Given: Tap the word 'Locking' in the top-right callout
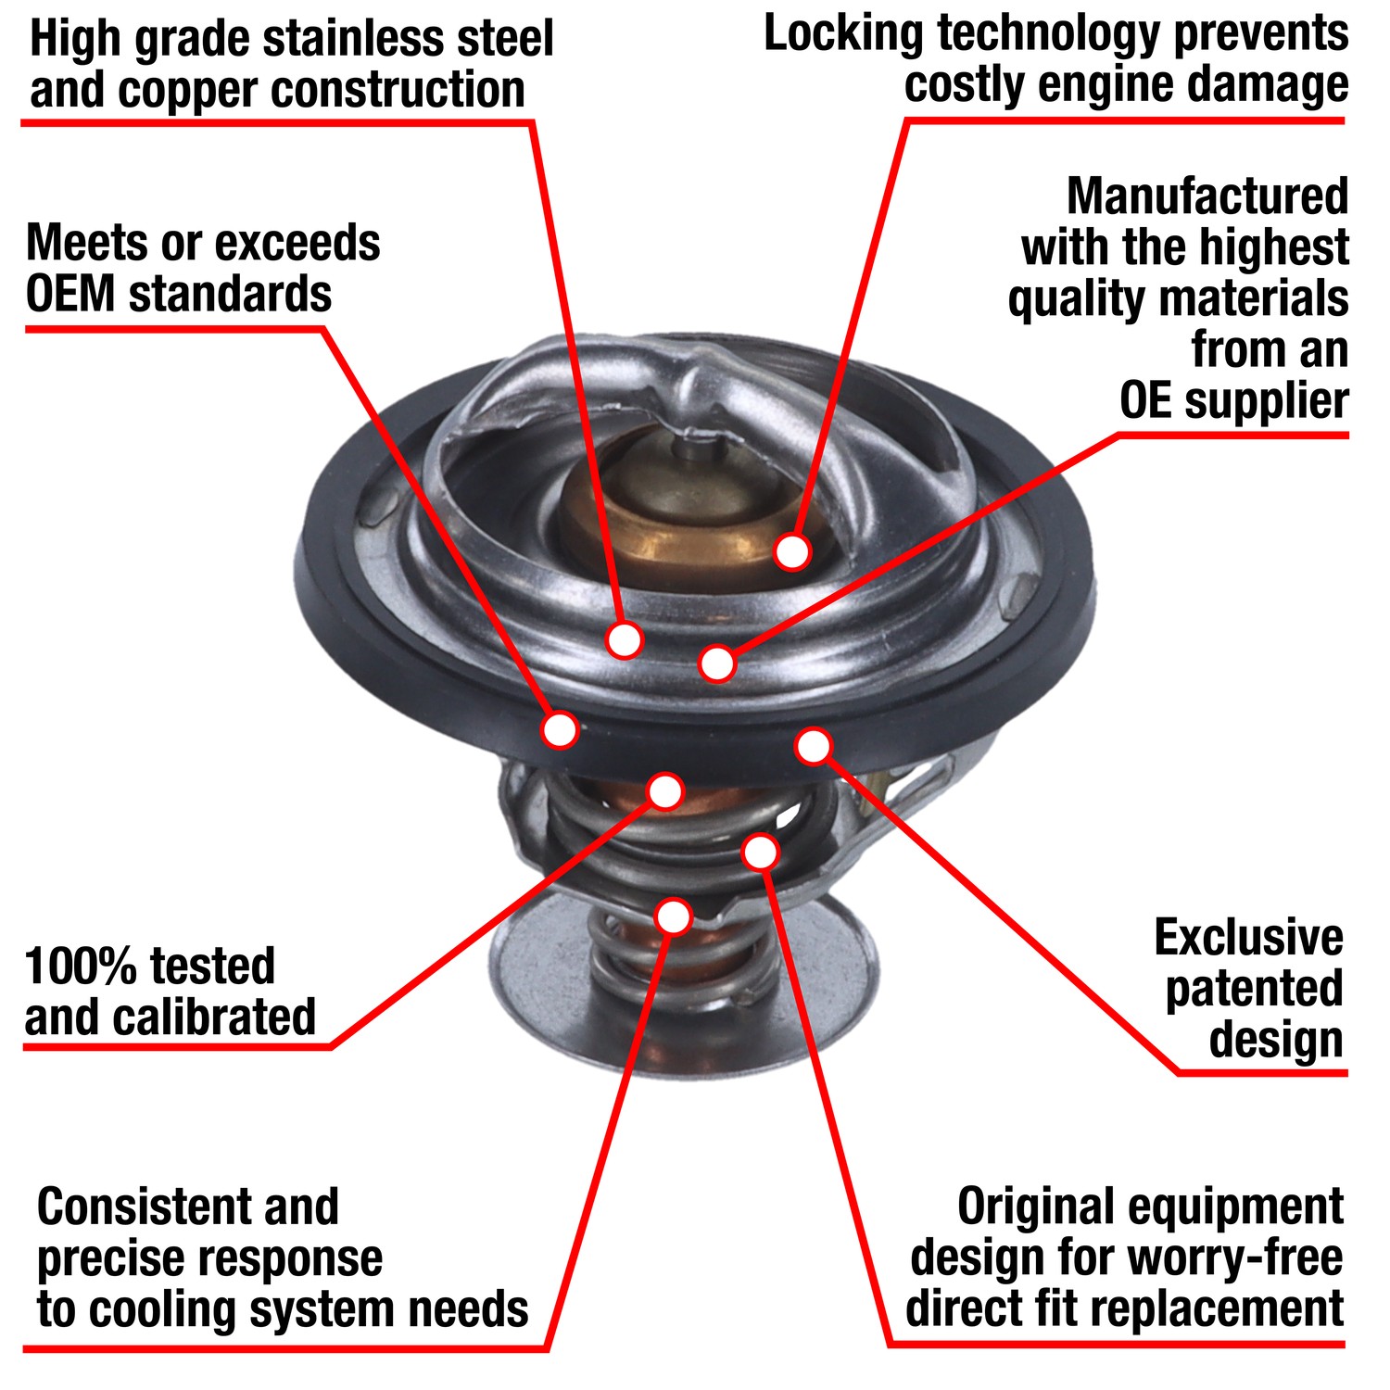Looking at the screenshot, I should (x=843, y=35).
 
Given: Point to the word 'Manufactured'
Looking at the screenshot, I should (x=1207, y=196).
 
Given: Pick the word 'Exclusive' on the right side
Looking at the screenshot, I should (x=1248, y=938).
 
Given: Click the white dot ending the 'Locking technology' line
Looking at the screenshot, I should (x=792, y=551).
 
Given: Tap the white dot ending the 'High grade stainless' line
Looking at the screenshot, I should (x=624, y=639).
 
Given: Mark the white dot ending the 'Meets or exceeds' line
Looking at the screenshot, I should (x=560, y=729).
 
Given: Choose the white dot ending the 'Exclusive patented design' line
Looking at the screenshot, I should (x=814, y=746).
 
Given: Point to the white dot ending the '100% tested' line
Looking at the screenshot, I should (x=665, y=791).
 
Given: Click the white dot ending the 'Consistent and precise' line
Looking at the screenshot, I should (x=674, y=916).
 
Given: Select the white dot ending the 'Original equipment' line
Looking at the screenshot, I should (x=761, y=852).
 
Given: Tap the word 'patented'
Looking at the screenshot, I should (x=1254, y=989).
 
